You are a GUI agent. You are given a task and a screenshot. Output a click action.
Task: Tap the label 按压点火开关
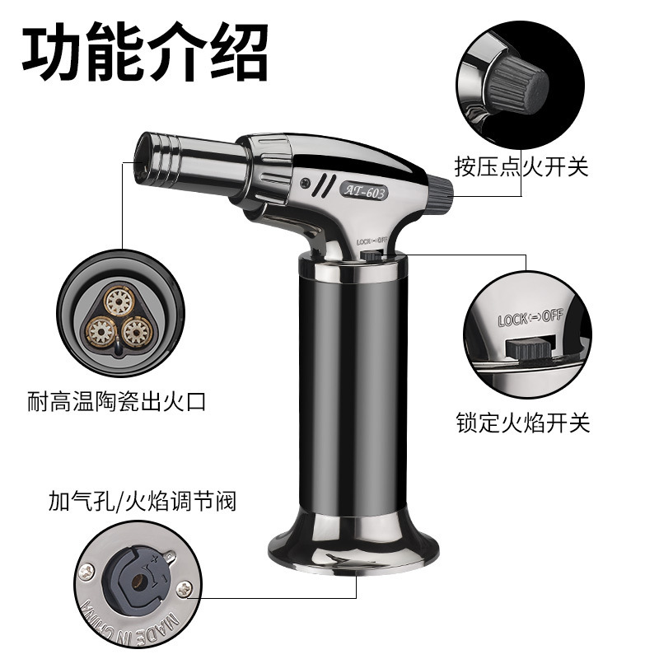(x=523, y=167)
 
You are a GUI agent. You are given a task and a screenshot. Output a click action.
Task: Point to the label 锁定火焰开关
(x=523, y=423)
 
